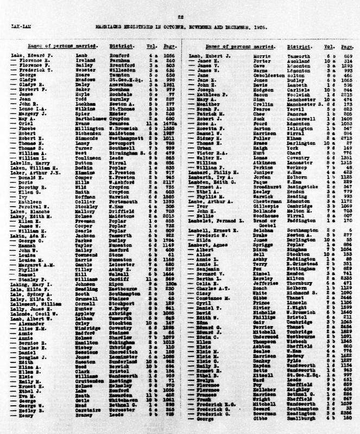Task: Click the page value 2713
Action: [336, 154]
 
